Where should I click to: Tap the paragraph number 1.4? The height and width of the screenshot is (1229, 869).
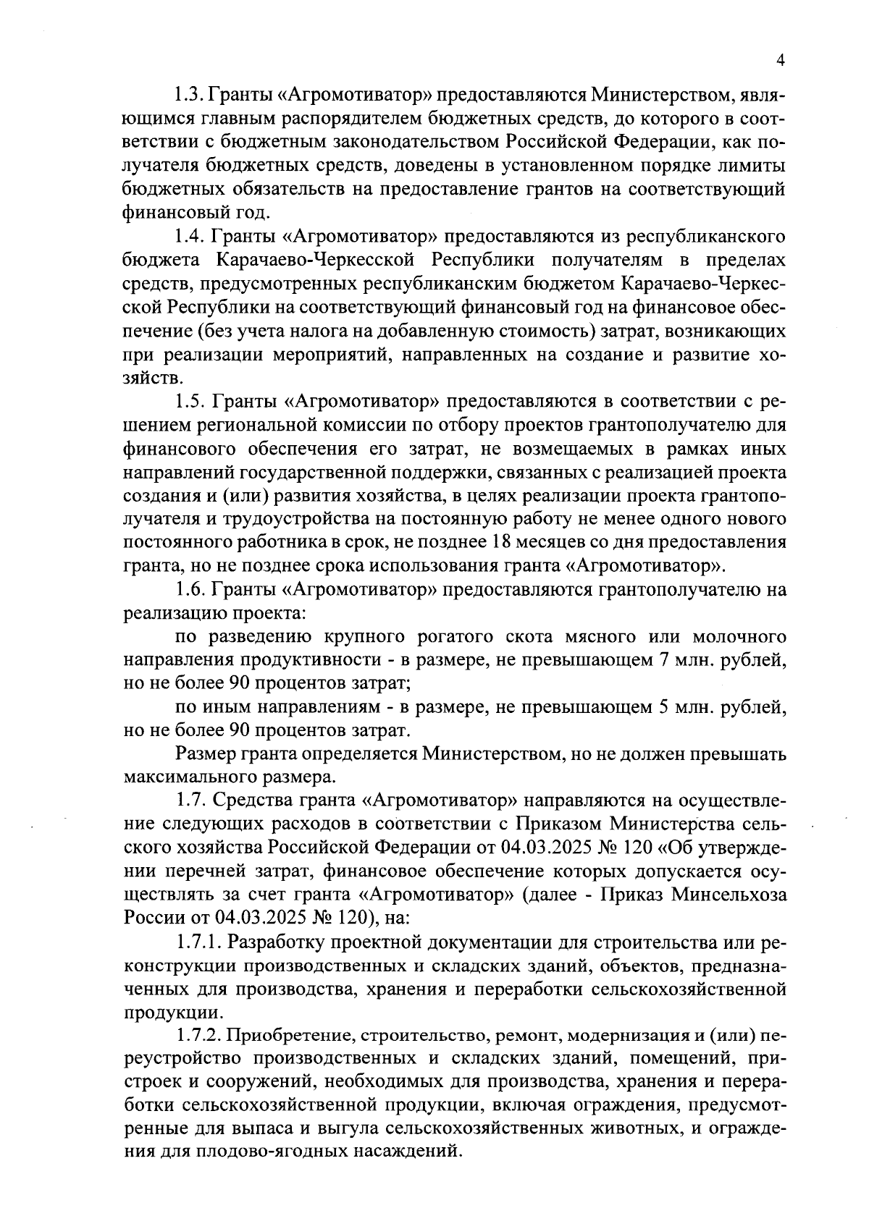pyautogui.click(x=190, y=237)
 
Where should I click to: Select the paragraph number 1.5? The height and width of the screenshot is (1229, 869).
pyautogui.click(x=190, y=401)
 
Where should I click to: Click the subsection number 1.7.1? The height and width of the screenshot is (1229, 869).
pyautogui.click(x=199, y=942)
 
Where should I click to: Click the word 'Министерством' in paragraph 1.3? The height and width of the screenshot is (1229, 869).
pyautogui.click(x=658, y=96)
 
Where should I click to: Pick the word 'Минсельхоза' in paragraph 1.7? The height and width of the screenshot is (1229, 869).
pyautogui.click(x=729, y=895)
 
